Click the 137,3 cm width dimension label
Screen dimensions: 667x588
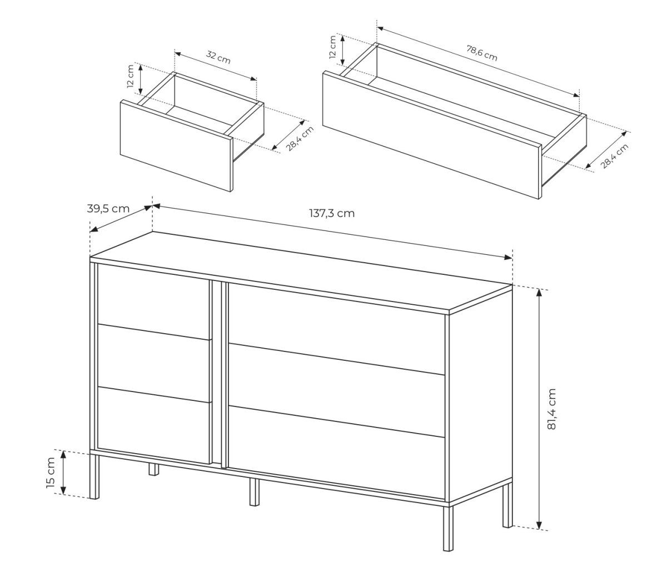(x=332, y=213)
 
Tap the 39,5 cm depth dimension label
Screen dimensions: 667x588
(x=108, y=209)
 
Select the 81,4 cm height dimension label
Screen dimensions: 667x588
(x=551, y=409)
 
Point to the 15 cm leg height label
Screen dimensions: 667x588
(x=51, y=473)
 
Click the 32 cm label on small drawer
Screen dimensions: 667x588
(x=218, y=58)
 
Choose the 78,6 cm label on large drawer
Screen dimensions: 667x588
(x=482, y=53)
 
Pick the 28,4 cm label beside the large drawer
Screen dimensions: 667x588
(x=615, y=156)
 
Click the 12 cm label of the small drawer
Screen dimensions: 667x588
(x=131, y=76)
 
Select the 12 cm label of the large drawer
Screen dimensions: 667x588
(x=333, y=47)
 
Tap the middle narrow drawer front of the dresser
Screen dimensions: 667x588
(x=153, y=363)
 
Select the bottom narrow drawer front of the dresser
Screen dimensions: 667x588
(x=153, y=425)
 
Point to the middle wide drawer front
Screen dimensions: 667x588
(x=337, y=391)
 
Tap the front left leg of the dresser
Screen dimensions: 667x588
(x=94, y=477)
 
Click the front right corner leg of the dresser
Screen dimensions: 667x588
(x=448, y=528)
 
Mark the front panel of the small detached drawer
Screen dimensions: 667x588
(x=176, y=145)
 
